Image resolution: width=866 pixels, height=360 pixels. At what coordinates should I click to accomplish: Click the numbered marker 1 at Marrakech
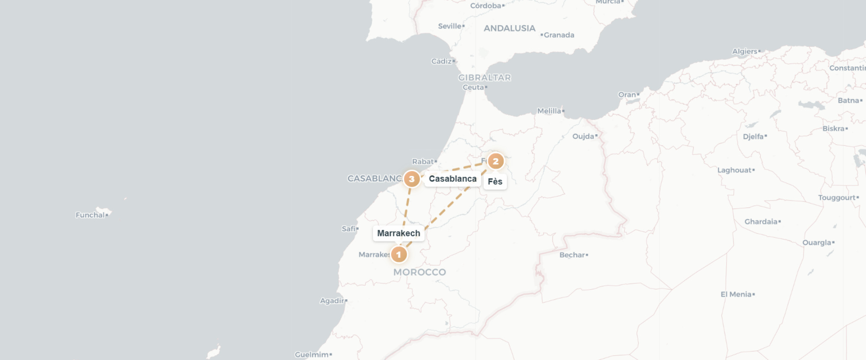[399, 254]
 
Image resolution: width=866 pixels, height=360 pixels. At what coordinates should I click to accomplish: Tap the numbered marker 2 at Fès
[496, 161]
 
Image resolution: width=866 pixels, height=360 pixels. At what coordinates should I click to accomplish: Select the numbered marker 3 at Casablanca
[411, 178]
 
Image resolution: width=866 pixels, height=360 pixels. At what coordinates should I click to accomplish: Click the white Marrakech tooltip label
[398, 233]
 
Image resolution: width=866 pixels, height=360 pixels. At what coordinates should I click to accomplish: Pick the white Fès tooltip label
[495, 182]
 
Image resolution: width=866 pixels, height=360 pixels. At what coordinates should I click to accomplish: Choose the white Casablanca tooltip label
[452, 178]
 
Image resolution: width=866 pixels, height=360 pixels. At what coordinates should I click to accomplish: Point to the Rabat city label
[423, 162]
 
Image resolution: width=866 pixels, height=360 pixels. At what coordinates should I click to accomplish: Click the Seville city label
[450, 26]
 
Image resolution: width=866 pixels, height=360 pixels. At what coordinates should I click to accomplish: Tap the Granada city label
[559, 35]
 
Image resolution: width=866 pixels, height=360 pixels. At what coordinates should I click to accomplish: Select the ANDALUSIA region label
[509, 28]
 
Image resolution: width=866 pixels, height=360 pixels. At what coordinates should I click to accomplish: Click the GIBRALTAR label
[485, 78]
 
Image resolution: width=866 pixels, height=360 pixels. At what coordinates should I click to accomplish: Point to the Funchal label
[90, 215]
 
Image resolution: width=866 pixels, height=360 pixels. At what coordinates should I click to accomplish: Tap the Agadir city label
[332, 301]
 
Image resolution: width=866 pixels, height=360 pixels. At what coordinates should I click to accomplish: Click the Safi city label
[349, 229]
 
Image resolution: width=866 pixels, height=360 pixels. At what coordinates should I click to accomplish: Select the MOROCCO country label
[419, 272]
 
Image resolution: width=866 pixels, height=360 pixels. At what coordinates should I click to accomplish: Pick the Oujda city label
[583, 136]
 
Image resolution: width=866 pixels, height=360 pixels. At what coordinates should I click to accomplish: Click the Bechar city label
[572, 255]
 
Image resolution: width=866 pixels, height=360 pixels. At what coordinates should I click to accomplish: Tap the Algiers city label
[745, 51]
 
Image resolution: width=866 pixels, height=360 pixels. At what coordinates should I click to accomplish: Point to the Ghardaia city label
[761, 222]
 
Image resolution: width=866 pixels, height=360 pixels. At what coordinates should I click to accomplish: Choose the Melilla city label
[549, 111]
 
